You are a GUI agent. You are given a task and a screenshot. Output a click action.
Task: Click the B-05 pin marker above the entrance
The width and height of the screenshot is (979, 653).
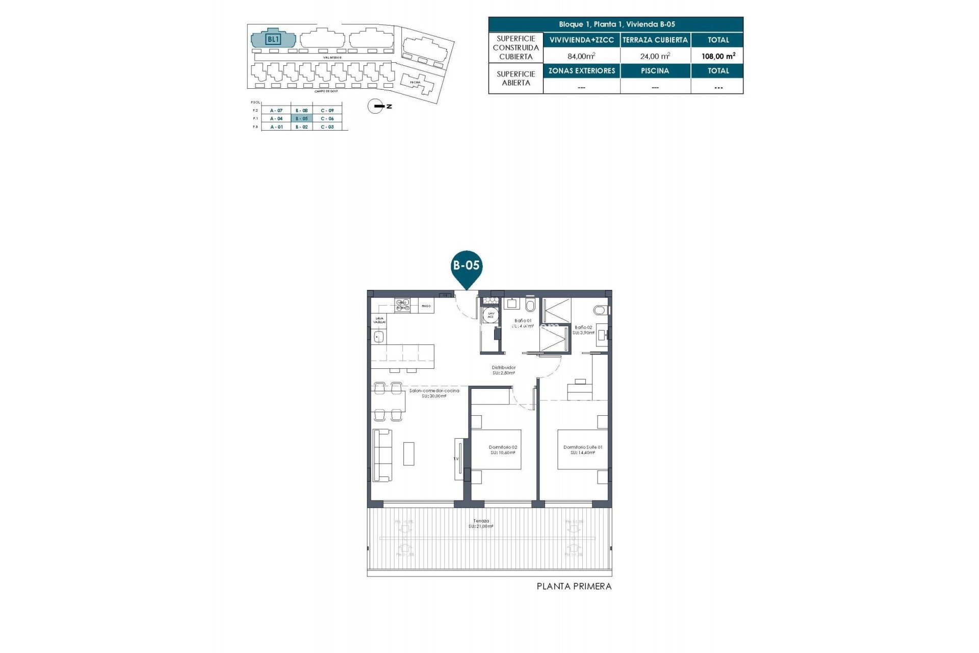(466, 266)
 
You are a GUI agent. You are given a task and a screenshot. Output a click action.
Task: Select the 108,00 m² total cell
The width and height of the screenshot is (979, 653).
(718, 56)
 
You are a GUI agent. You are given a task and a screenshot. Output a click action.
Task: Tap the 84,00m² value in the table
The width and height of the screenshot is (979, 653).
(581, 56)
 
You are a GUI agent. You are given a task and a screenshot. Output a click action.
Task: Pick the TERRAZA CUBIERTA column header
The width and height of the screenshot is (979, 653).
(655, 40)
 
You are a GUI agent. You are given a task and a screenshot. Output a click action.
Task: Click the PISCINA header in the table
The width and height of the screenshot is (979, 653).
(655, 71)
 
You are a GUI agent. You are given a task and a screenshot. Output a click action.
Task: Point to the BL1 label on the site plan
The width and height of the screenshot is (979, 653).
(273, 39)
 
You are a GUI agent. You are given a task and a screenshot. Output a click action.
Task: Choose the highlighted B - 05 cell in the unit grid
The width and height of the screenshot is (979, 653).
(301, 118)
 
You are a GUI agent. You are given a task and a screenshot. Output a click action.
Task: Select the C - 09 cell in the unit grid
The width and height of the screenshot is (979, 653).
(327, 110)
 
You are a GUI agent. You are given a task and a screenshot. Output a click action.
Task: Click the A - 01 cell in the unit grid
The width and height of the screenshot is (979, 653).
(276, 127)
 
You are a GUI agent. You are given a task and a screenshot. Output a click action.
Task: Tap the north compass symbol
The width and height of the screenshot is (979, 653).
(376, 106)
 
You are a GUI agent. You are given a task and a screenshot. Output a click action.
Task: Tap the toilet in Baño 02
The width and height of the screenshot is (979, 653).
(600, 310)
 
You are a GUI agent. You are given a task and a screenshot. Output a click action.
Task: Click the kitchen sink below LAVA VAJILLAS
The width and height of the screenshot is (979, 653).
(378, 337)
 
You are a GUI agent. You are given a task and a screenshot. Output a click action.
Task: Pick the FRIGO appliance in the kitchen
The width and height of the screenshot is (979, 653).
(426, 306)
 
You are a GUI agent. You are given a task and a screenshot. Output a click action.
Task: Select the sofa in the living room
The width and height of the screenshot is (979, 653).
(382, 455)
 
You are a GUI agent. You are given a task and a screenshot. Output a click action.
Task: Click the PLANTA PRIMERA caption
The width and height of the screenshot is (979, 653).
(574, 587)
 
